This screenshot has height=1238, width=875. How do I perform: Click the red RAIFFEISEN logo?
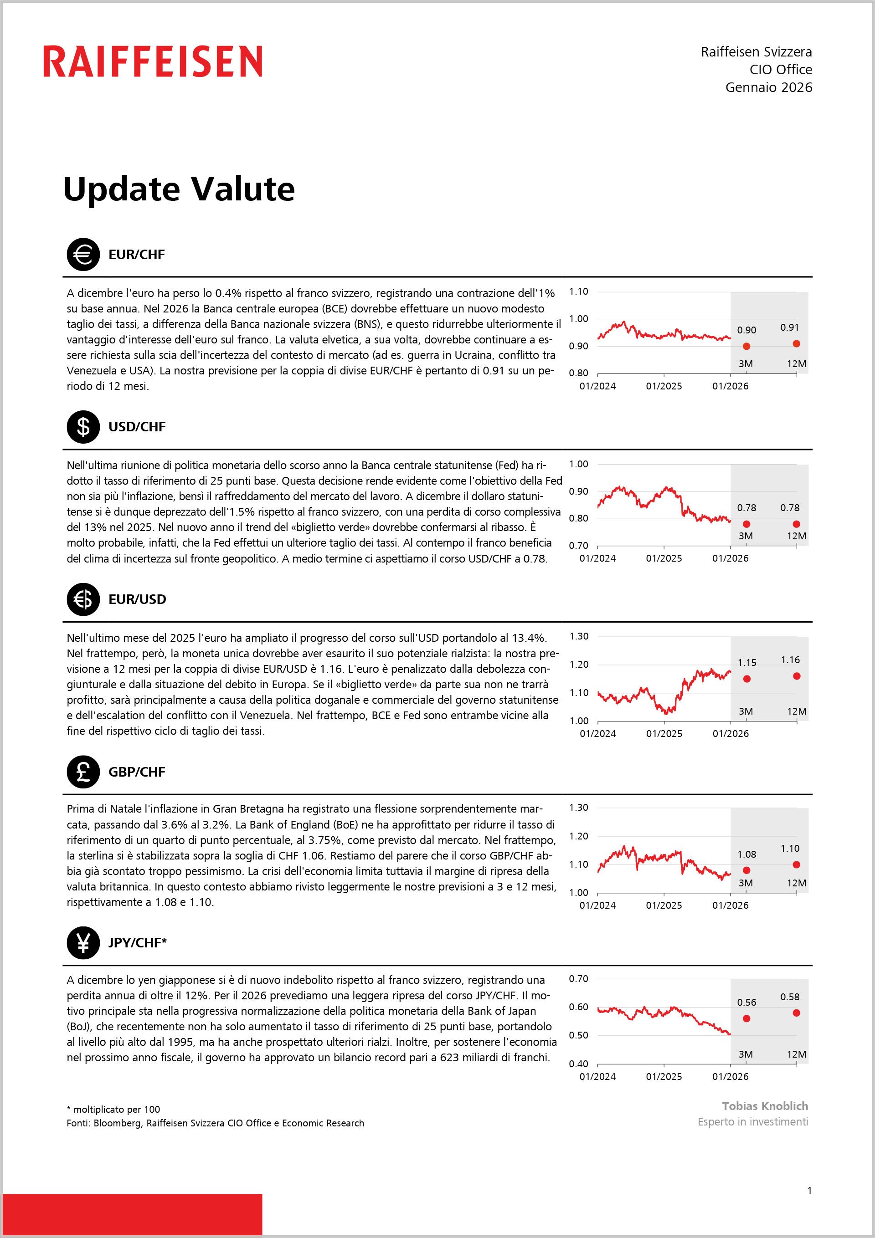(x=153, y=61)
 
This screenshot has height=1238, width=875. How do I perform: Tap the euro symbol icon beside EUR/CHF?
(x=83, y=255)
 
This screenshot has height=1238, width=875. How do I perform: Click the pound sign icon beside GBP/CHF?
(x=83, y=772)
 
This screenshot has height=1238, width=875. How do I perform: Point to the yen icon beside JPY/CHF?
(x=83, y=942)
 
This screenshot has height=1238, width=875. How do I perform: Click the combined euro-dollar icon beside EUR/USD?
(x=83, y=599)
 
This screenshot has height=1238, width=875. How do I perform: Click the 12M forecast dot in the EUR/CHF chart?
(x=796, y=343)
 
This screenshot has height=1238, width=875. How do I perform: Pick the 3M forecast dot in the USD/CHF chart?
(x=746, y=524)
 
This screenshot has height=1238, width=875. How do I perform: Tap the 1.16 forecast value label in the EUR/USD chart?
(x=790, y=660)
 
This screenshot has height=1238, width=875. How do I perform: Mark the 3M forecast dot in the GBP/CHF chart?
(x=746, y=870)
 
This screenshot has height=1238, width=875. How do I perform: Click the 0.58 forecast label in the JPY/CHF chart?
(x=790, y=997)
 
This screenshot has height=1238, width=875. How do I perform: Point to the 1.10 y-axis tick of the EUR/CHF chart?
(x=579, y=292)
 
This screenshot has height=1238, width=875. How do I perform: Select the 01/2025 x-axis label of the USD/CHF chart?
(x=664, y=558)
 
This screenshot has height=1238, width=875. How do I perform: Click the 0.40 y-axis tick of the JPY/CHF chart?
(x=579, y=1064)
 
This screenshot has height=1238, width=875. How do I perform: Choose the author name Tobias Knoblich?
(x=765, y=1106)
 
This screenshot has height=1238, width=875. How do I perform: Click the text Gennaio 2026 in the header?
(x=769, y=87)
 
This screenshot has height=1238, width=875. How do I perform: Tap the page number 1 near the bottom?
(x=809, y=1191)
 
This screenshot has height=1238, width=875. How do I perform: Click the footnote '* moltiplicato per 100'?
(x=113, y=1109)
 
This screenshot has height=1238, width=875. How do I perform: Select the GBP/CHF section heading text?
(x=137, y=772)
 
